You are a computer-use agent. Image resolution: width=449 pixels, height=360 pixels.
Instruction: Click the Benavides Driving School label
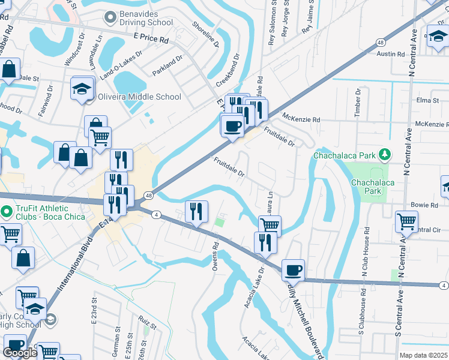tap(147, 18)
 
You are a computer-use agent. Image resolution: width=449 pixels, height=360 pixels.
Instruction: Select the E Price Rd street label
tap(151, 37)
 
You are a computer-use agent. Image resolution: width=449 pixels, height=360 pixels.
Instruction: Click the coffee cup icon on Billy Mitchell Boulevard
tap(293, 270)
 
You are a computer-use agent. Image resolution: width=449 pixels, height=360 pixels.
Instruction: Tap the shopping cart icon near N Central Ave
tap(407, 221)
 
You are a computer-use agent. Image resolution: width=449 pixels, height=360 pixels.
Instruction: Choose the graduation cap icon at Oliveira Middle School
tap(80, 89)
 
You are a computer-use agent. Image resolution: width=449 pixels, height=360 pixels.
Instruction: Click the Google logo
tap(20, 353)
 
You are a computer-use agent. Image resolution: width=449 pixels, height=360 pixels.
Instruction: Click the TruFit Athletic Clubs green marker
tap(7, 211)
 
